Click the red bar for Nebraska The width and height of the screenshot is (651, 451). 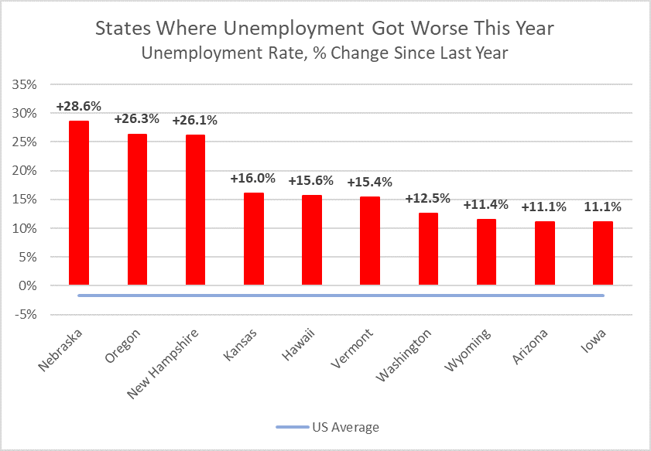(x=79, y=203)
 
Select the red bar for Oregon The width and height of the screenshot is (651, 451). (x=137, y=209)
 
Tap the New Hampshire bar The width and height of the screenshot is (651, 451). (x=195, y=210)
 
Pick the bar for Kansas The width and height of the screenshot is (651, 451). (x=254, y=238)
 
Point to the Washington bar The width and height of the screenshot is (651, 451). (x=428, y=248)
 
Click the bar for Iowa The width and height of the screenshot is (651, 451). (x=603, y=253)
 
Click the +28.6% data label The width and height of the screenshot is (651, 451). (x=79, y=106)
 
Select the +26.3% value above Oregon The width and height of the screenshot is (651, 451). (x=137, y=119)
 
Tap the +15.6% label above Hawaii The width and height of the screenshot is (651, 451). (x=311, y=180)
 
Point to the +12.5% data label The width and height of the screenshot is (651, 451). (x=428, y=198)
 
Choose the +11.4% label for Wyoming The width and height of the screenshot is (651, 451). (x=486, y=204)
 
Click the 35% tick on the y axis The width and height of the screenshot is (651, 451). (x=26, y=84)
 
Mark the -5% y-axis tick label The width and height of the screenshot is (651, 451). (x=26, y=315)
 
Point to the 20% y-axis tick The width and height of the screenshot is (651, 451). (x=26, y=171)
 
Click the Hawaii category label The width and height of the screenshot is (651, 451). (x=298, y=344)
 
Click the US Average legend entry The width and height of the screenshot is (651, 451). (x=327, y=427)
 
